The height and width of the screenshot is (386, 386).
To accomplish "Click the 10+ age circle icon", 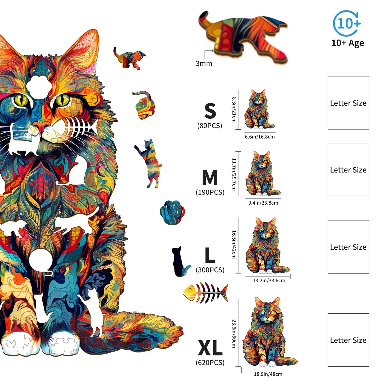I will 347,24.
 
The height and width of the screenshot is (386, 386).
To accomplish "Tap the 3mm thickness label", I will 204,64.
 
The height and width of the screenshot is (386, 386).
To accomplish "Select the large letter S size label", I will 210,111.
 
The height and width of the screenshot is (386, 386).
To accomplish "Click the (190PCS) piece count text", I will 210,192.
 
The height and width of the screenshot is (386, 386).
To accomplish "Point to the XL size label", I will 210,348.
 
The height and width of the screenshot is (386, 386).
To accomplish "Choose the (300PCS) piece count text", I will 210,270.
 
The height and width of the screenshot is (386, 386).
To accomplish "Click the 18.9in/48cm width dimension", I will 268,374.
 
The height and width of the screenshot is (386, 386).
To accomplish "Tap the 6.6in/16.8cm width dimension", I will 260,137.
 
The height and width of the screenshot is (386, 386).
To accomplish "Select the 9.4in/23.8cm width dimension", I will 263,203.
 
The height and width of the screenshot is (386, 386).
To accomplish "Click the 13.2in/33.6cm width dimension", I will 269,280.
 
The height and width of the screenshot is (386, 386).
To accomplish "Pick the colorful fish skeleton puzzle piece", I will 206,293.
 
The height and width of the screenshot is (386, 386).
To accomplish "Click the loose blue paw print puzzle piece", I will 172,212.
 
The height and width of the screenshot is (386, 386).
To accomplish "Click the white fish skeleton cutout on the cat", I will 80,127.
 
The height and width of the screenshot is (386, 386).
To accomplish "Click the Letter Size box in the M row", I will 348,170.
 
